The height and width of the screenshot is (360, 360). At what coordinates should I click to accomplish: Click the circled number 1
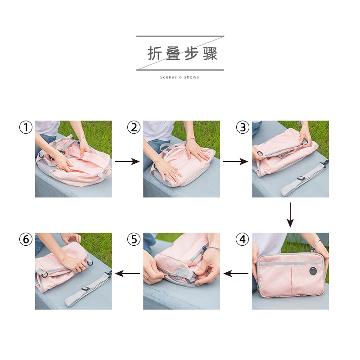pos(26,127)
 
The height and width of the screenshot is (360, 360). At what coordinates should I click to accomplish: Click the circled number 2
pos(134,127)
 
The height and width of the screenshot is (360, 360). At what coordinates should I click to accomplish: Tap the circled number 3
pos(243,127)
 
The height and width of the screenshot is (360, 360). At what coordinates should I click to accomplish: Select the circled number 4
pos(243,239)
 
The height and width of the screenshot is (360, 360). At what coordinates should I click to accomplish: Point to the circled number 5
pos(134,239)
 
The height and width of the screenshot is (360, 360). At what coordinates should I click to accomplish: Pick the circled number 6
pos(26,239)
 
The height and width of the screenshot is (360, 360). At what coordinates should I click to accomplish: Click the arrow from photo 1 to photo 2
pos(127,161)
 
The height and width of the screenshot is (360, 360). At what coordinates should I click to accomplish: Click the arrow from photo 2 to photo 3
pos(235,161)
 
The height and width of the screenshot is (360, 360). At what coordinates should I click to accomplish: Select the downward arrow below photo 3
pos(290,215)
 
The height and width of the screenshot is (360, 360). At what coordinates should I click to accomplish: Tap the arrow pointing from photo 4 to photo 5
pos(236,273)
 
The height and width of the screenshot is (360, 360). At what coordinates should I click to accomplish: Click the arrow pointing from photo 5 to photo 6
pos(127,273)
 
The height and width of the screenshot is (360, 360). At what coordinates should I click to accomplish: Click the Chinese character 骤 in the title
pos(210,54)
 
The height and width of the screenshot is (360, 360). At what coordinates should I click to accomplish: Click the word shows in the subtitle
pos(192,77)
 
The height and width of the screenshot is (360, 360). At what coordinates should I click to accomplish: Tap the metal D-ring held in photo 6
pos(89,262)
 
